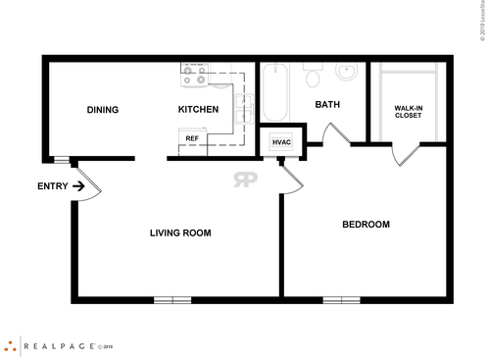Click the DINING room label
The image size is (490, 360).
102,110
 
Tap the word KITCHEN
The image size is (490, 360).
197,110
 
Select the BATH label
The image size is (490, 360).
326,104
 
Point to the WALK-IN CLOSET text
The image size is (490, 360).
408,111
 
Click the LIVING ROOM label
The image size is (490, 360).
180,232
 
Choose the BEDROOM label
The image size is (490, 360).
366,225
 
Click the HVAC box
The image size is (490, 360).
282,143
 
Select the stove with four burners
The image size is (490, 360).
193,71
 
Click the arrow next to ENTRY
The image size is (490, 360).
76,185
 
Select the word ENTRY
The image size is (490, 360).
52,185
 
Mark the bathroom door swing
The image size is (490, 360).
335,133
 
